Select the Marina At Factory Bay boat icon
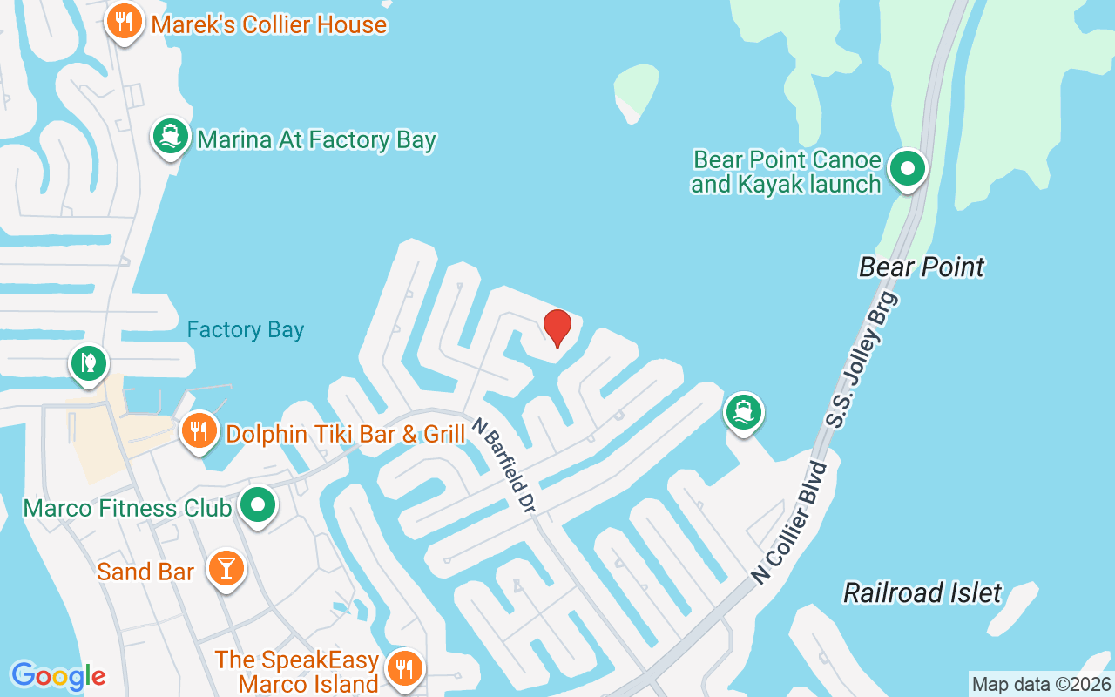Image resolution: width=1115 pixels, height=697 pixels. (x=171, y=137)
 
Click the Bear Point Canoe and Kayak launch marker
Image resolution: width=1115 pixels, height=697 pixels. (x=908, y=168)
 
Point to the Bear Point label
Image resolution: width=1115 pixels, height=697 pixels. (x=922, y=267)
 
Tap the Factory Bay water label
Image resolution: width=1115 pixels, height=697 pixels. (x=246, y=330)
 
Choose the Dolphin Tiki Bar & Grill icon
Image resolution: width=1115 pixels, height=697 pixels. (x=200, y=430)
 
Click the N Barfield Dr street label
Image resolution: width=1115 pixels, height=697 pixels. (x=503, y=463)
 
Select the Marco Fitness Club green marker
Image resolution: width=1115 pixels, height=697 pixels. (x=258, y=505)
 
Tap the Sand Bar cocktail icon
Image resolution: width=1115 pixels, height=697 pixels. (x=226, y=568)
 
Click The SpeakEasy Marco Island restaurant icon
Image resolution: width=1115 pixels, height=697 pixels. (x=403, y=668)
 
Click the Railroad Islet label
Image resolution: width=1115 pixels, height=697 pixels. (x=922, y=593)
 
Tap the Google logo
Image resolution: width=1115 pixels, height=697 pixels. (x=57, y=675)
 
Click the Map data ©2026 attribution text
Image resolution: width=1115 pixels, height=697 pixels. (x=1041, y=684)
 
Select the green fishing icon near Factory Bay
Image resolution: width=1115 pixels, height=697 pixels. (x=88, y=362)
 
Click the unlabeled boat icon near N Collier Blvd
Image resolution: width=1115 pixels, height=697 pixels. (x=742, y=411)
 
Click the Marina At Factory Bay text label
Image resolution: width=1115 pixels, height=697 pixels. (x=316, y=139)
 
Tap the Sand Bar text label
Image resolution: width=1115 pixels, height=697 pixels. (x=145, y=572)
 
